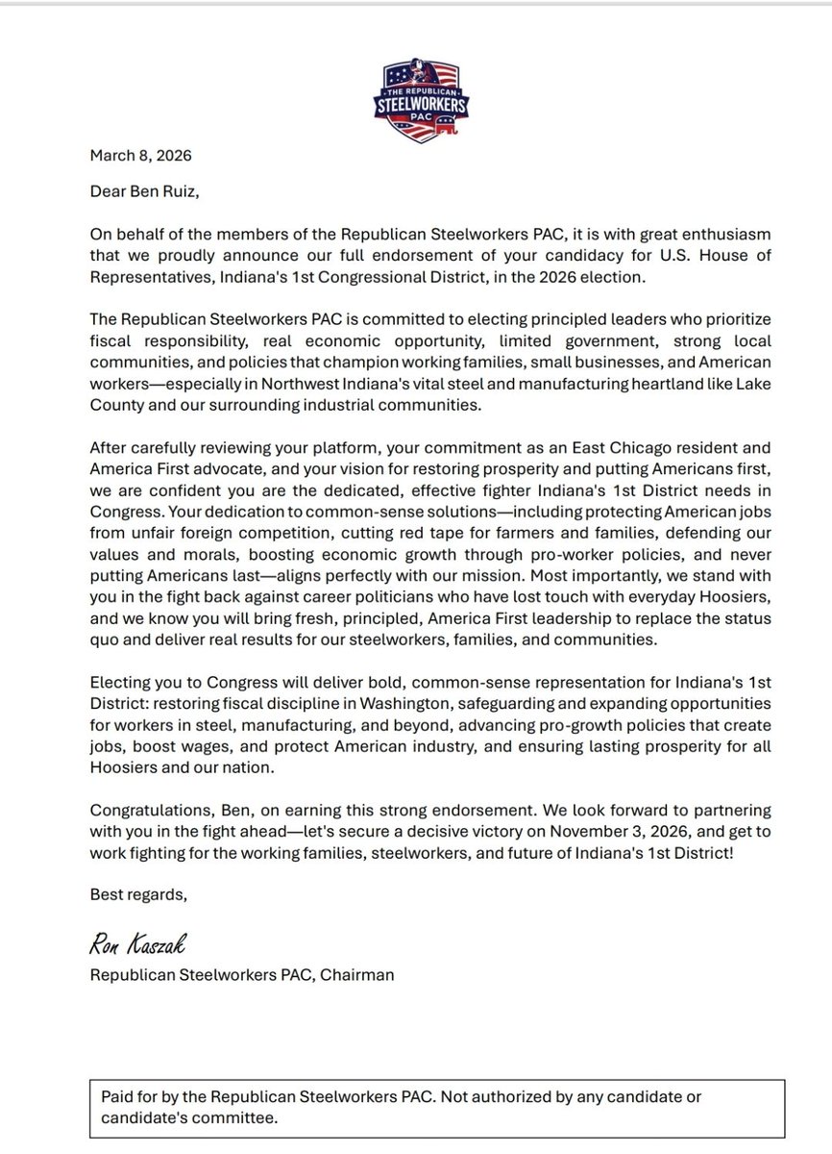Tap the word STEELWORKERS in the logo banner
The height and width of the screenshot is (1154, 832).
coord(415,99)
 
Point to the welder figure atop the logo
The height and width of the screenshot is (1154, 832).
coord(415,69)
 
